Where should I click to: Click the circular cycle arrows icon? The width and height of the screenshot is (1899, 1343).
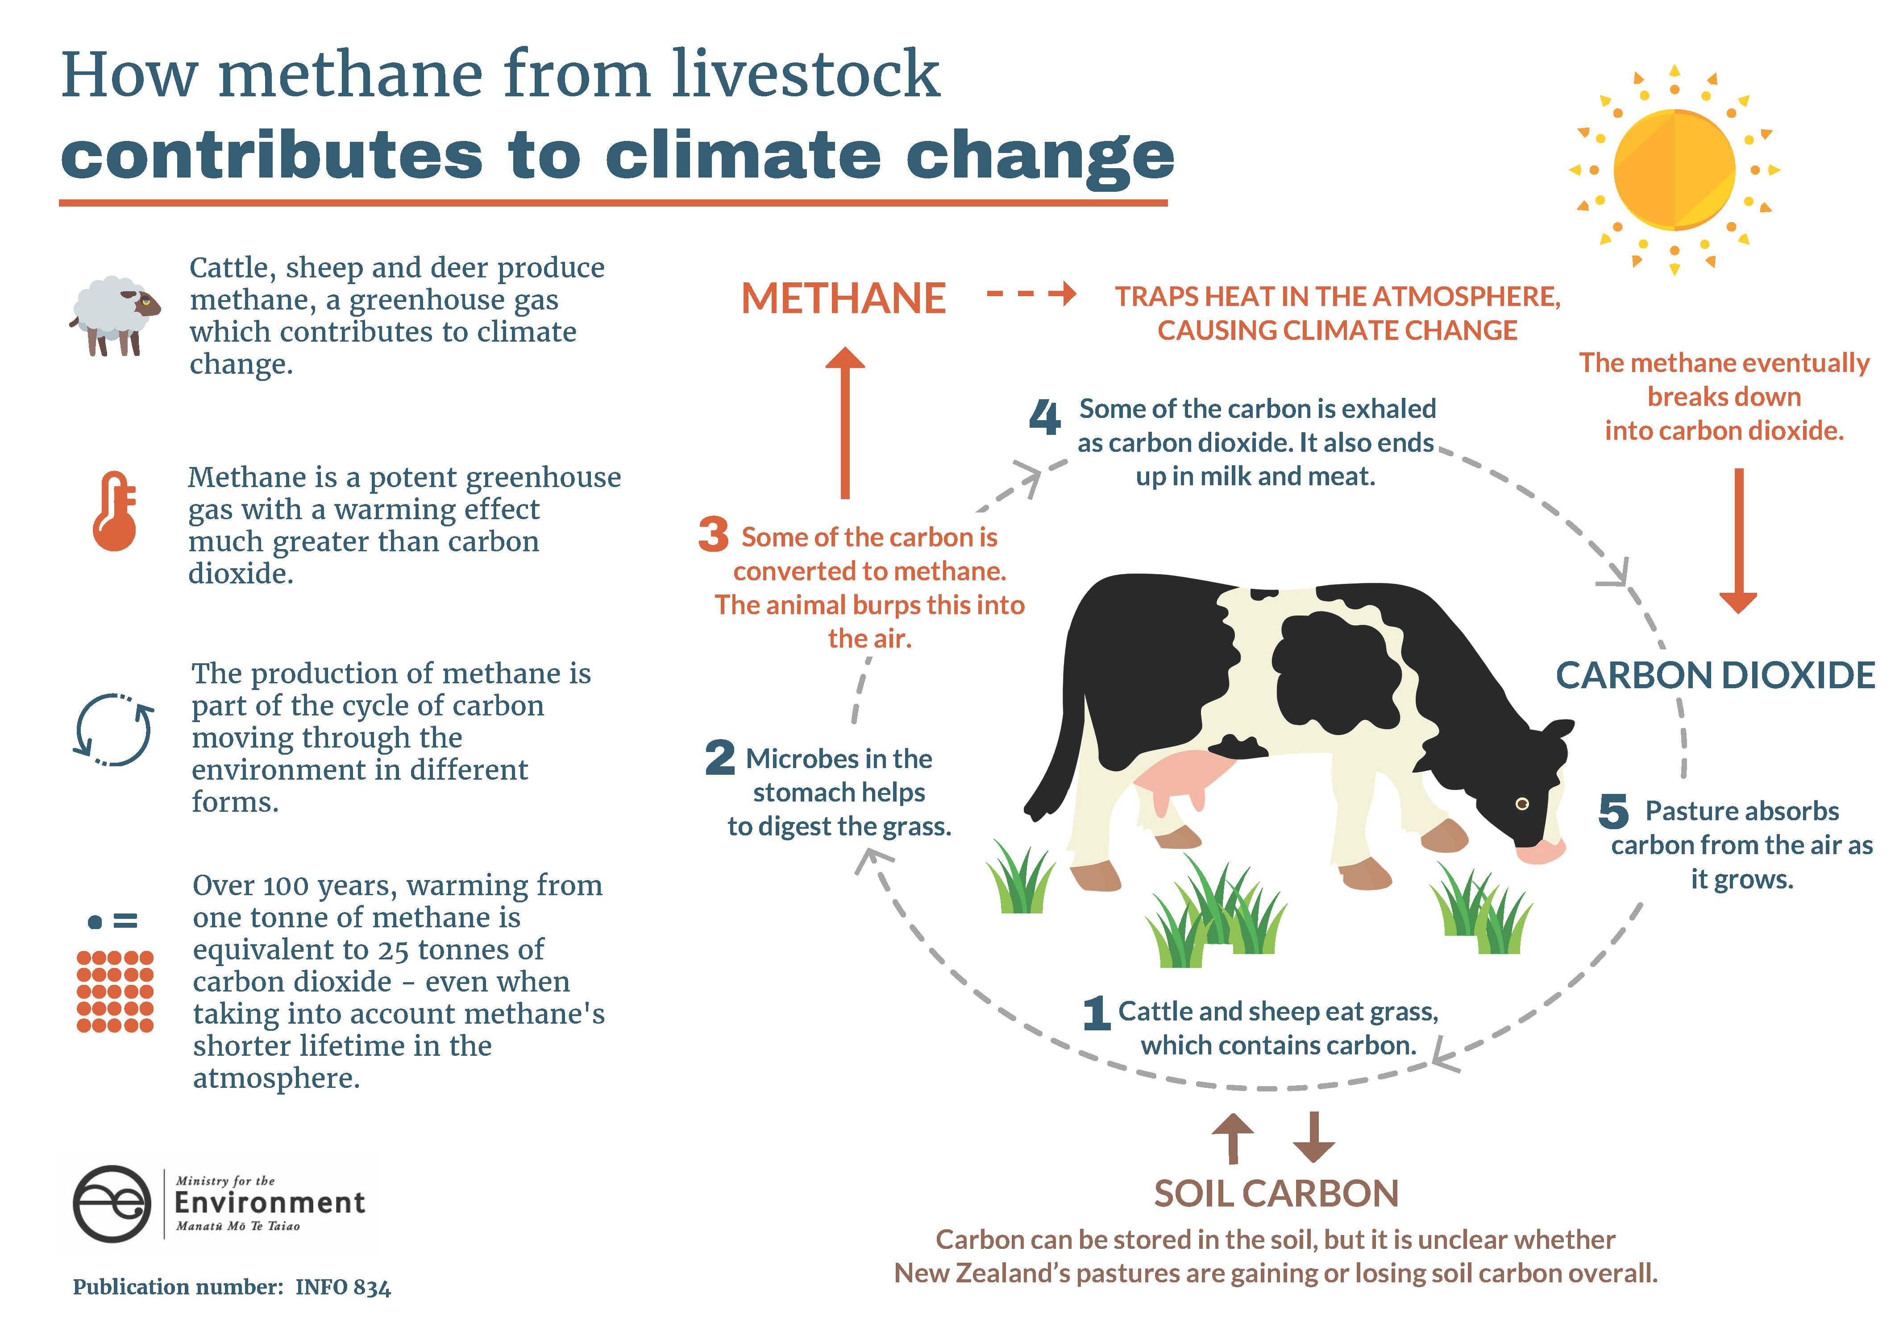[x=113, y=728]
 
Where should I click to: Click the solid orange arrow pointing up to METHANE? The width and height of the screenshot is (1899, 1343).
[x=845, y=422]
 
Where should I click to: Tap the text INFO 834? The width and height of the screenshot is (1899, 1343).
[x=343, y=1288]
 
